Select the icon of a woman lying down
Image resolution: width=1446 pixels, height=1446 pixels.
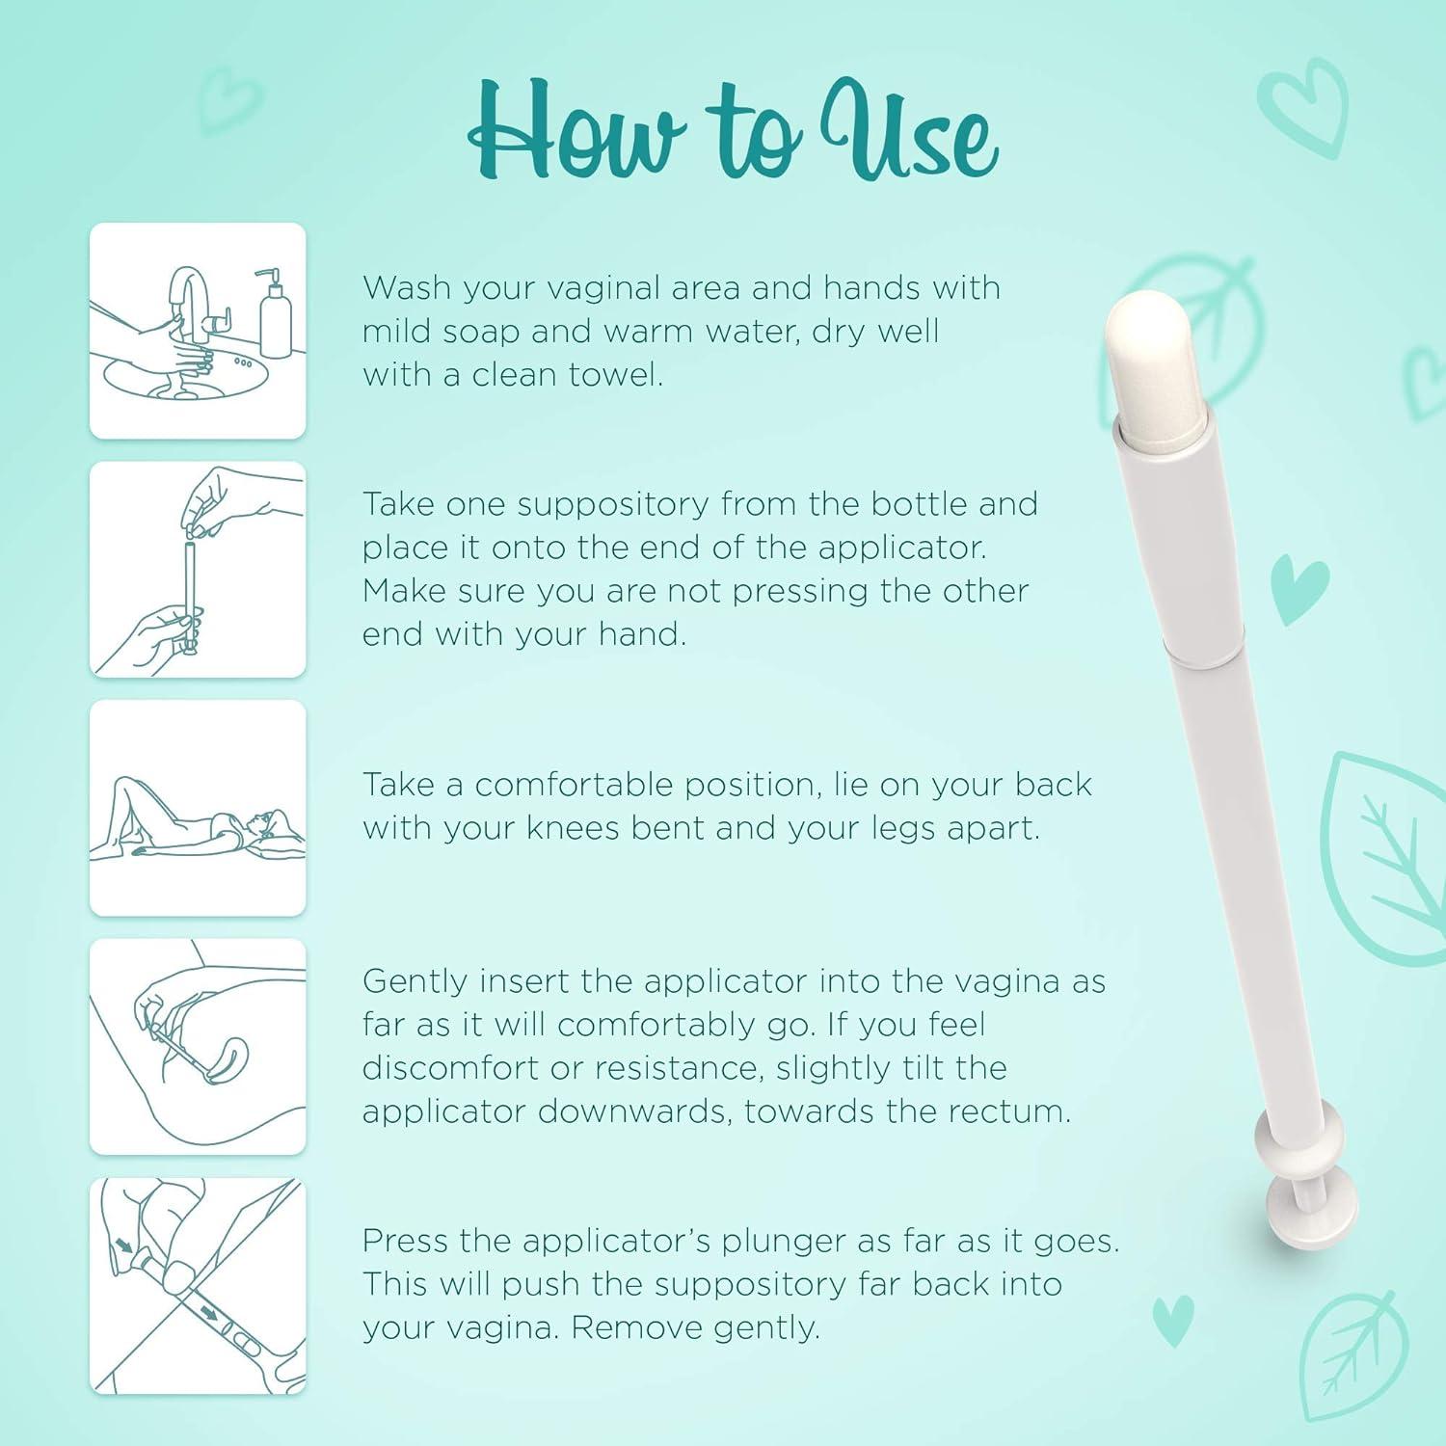(198, 808)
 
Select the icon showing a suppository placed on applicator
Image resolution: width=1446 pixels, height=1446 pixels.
(198, 569)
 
